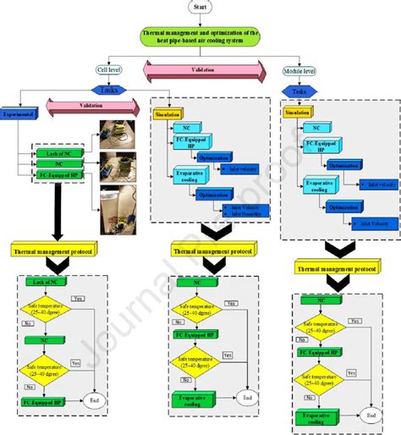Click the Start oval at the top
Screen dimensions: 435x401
(x=200, y=7)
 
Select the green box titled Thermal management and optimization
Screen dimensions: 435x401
(x=200, y=36)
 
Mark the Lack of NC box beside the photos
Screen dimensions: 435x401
(x=58, y=153)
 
